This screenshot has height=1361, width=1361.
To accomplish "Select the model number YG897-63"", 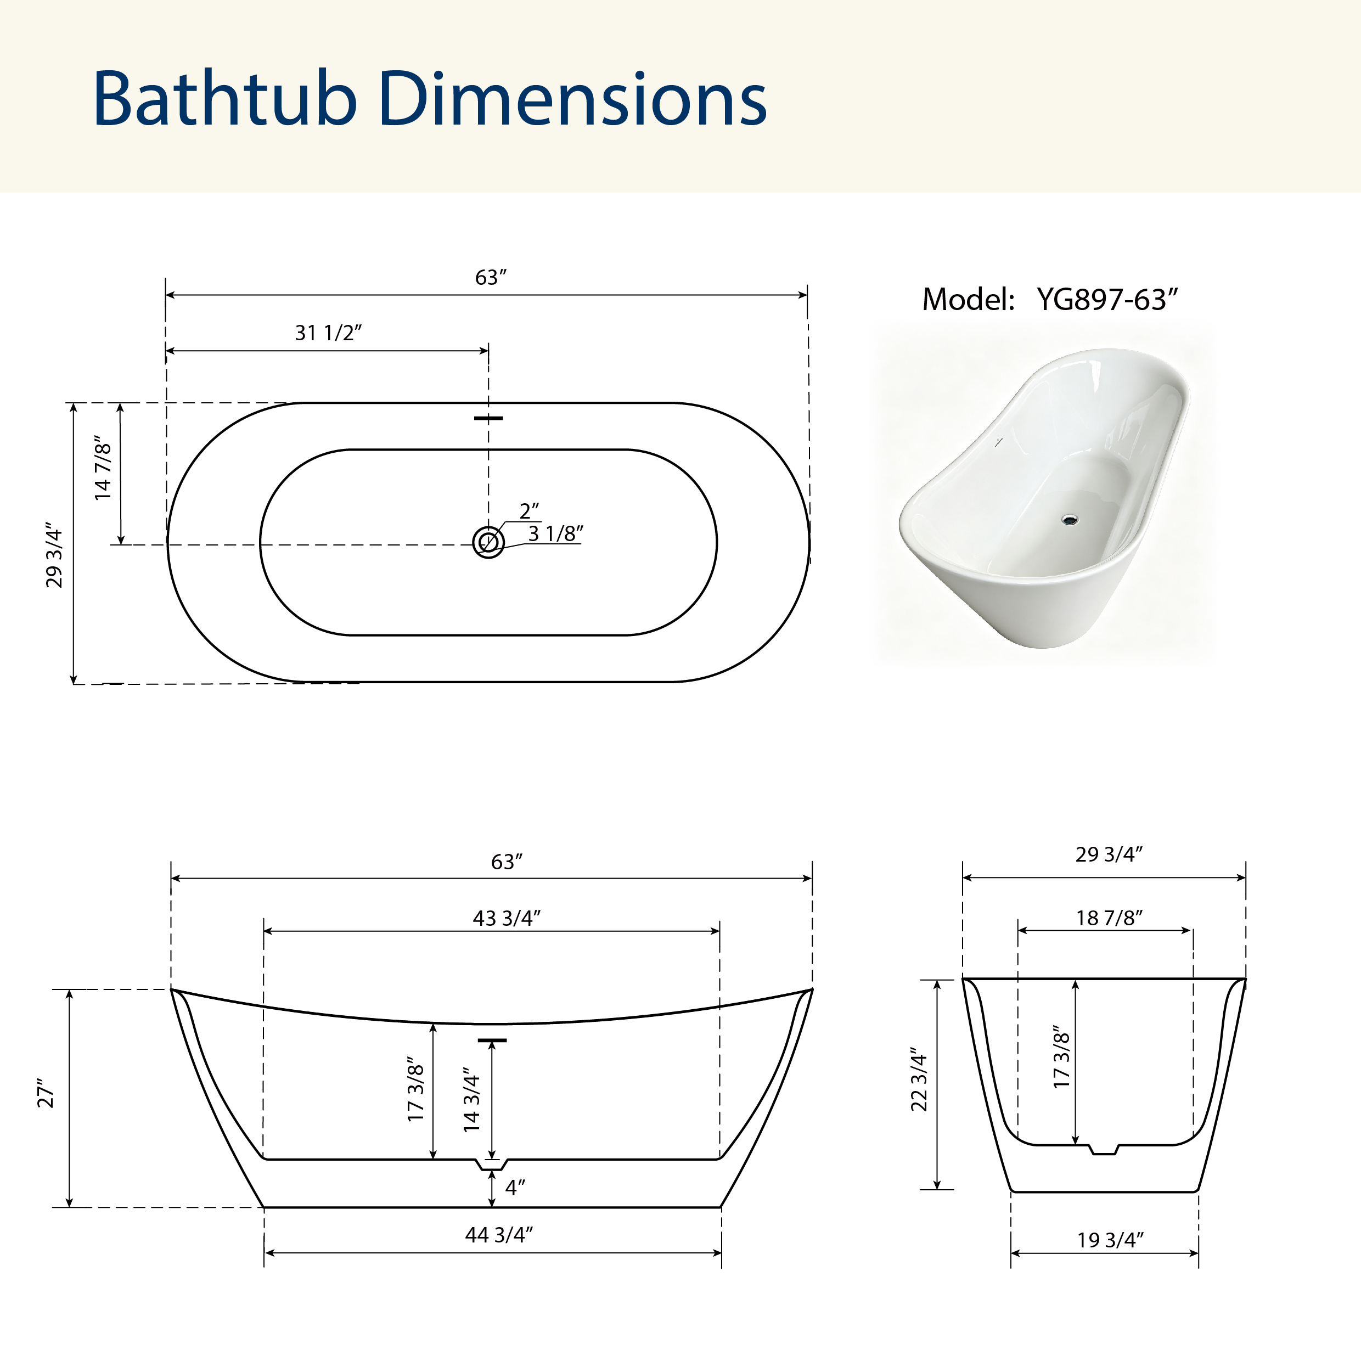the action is (1107, 300).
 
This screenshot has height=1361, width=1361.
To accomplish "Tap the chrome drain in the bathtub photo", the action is (1070, 520).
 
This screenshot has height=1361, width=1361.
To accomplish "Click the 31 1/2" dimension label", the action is (328, 333).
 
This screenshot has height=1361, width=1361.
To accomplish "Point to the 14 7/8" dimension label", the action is (103, 467).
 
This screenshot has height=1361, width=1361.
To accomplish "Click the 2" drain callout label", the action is (529, 511).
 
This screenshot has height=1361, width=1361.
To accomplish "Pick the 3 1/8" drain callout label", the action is (556, 533).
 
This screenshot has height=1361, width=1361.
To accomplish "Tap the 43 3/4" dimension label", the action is (507, 918).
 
